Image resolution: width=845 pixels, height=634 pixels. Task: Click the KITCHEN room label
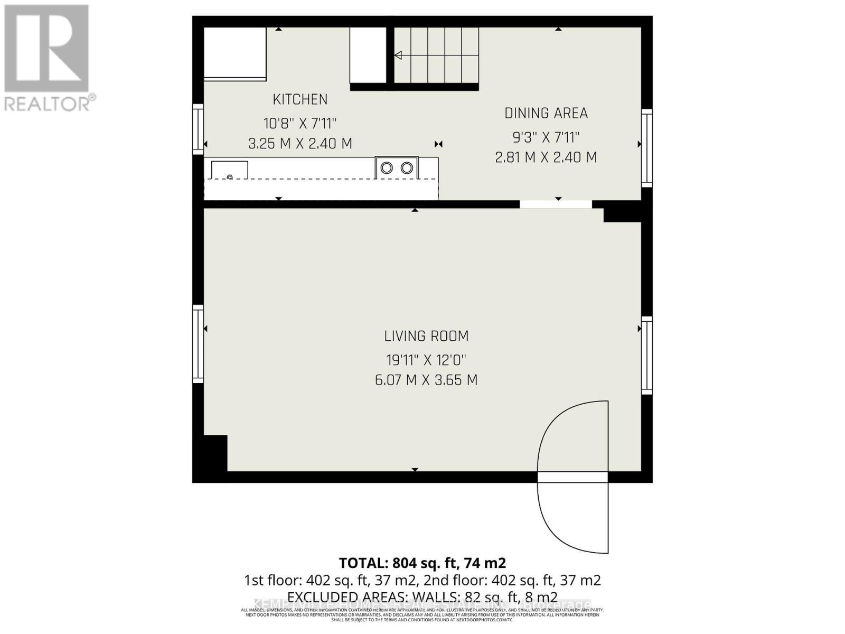point(300,99)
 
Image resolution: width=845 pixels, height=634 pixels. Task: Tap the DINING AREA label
point(546,113)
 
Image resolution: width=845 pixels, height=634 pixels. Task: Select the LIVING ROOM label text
point(426,336)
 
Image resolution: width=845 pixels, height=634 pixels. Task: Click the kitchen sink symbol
point(230,170)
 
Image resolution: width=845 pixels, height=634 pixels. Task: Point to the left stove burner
point(387,168)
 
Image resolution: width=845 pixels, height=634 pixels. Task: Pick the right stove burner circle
point(407,168)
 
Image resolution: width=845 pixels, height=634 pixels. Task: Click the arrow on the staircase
point(398,55)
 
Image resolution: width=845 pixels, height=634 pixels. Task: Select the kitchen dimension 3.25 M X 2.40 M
point(300,144)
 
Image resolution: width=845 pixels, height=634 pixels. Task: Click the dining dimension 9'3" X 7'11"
point(546,137)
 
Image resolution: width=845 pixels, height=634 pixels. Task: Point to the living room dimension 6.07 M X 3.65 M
point(426,380)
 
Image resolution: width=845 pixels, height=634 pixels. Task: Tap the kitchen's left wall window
point(198,129)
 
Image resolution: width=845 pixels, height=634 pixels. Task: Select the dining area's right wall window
point(647,148)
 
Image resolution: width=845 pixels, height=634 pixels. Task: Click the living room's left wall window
point(198,344)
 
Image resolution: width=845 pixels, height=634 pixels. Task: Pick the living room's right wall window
point(647,355)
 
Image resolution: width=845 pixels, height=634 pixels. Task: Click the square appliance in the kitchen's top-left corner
point(235,53)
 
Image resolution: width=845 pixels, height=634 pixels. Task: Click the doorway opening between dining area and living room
point(556,204)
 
